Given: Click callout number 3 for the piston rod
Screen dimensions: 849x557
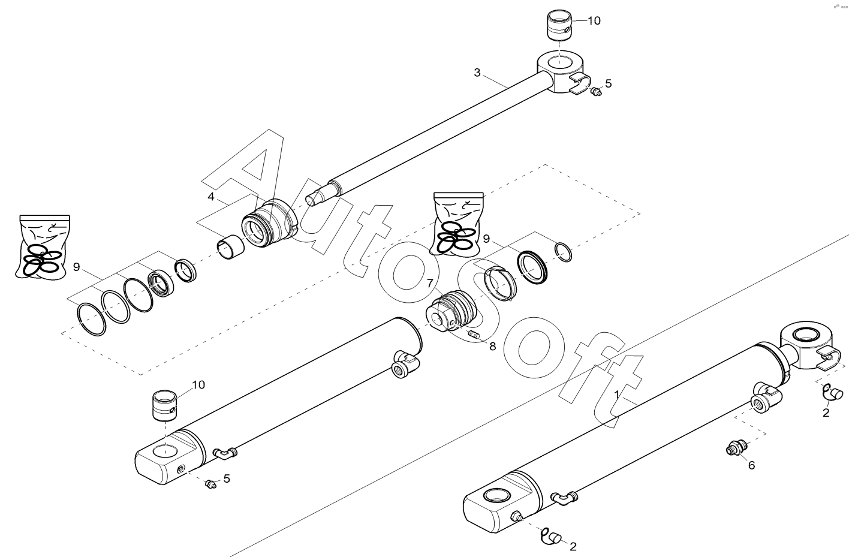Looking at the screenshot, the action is (x=477, y=73).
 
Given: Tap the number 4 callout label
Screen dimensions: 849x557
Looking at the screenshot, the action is (x=211, y=197).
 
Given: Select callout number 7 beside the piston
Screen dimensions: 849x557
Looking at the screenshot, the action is (x=430, y=284).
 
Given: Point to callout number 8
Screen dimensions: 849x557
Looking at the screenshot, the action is (x=492, y=347).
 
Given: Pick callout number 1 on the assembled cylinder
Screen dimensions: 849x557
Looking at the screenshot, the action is (x=616, y=395).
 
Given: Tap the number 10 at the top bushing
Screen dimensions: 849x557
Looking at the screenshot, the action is (x=594, y=20).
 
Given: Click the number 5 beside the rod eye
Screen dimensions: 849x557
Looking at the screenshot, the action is (x=609, y=83).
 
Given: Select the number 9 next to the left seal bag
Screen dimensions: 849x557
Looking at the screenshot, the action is (x=77, y=267).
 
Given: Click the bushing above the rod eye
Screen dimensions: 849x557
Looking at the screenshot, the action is (x=559, y=24).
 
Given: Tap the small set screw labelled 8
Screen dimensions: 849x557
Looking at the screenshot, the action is (x=474, y=335).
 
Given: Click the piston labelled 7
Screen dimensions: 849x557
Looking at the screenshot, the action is (x=451, y=311).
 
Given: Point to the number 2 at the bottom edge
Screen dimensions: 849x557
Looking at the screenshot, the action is (x=573, y=546).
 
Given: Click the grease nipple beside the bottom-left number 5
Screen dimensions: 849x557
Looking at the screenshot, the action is (x=210, y=484).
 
